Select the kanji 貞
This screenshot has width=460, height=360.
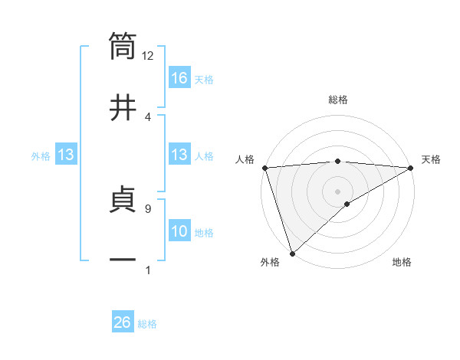click(x=123, y=201)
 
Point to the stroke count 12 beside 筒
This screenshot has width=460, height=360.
click(x=147, y=56)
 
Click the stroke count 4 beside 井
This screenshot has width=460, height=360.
click(x=147, y=116)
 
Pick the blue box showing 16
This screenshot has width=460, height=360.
click(x=179, y=78)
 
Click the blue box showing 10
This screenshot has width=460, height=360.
click(x=179, y=232)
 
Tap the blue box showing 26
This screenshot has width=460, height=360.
click(x=123, y=323)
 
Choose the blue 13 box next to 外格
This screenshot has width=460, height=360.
click(x=66, y=155)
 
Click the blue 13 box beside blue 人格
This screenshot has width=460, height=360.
click(x=179, y=155)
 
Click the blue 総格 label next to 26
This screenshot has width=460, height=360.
click(x=148, y=324)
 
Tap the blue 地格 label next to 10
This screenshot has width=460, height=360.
click(x=204, y=233)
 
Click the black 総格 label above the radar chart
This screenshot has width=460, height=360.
click(x=337, y=100)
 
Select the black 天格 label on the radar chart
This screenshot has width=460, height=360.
click(x=432, y=159)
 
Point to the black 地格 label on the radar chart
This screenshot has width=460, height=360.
click(x=402, y=263)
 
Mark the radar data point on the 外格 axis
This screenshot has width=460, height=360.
click(x=291, y=253)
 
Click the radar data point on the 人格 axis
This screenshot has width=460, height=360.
click(x=264, y=168)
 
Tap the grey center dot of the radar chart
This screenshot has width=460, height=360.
click(x=337, y=191)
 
